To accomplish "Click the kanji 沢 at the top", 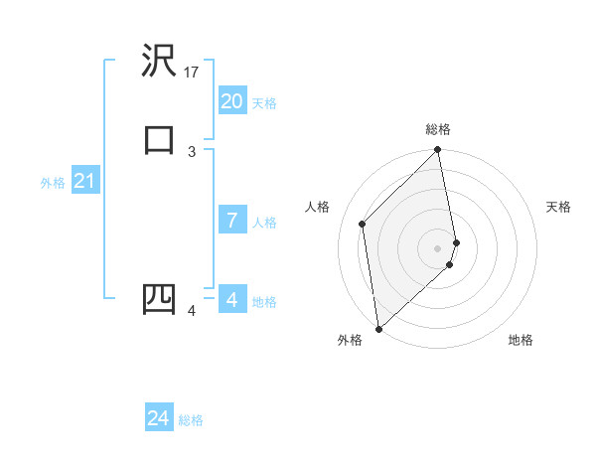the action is [x=159, y=62].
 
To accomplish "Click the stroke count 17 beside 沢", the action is [x=193, y=73].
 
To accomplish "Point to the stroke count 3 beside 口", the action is [x=192, y=151].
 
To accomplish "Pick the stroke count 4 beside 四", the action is [x=192, y=312].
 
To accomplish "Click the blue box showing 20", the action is [x=231, y=101].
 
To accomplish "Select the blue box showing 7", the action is [x=231, y=221].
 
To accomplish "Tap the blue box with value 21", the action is [x=84, y=181].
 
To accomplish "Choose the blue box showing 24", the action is [x=159, y=418].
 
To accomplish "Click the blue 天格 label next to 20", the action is [x=264, y=103].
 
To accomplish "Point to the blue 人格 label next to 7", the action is [x=264, y=223].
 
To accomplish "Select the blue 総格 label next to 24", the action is [x=191, y=420].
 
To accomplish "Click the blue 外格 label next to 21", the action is [x=53, y=183].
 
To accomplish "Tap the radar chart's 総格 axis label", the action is [x=438, y=130].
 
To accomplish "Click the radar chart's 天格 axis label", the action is [x=558, y=207].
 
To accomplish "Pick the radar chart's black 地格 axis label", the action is [x=521, y=341].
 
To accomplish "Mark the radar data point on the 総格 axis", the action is [x=438, y=151].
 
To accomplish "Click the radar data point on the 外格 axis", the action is [x=378, y=328].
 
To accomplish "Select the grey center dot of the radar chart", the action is [x=438, y=247].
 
